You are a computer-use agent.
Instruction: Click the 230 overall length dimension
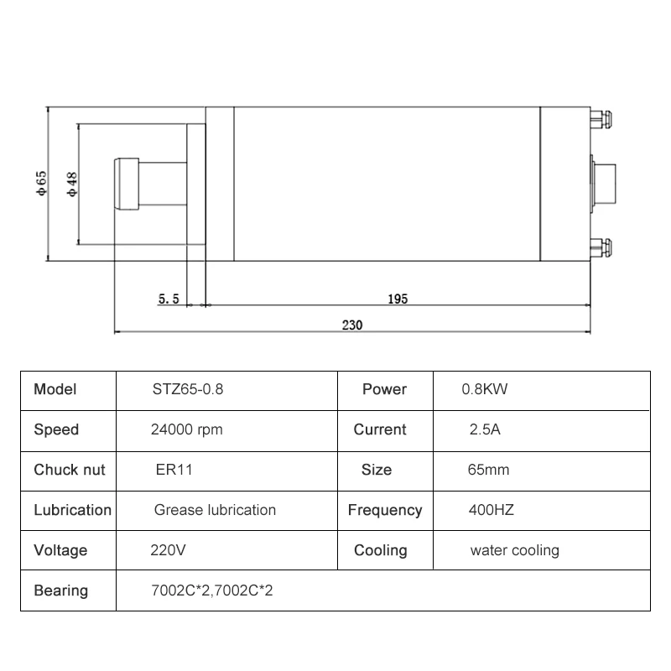click(352, 325)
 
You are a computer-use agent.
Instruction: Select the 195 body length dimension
click(398, 299)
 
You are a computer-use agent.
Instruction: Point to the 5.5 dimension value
click(169, 299)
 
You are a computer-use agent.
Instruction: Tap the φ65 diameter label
click(41, 184)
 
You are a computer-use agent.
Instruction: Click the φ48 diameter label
click(72, 185)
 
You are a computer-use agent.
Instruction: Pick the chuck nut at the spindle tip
click(127, 184)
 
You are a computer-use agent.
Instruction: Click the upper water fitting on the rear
click(601, 119)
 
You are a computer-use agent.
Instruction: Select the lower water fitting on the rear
click(601, 248)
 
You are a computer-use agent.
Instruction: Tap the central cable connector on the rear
click(603, 184)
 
